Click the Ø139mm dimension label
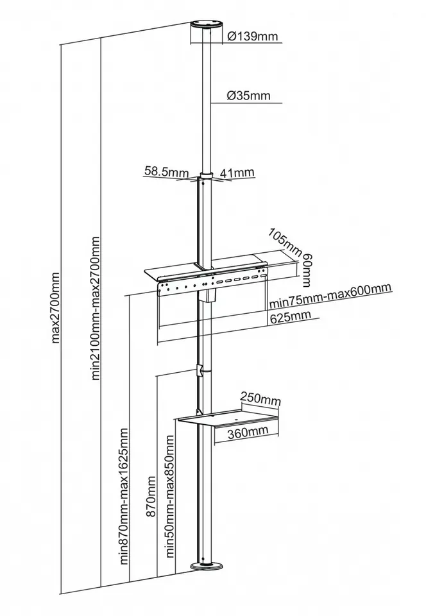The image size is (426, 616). [253, 36]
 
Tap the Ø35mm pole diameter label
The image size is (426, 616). [249, 96]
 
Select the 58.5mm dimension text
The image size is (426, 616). [166, 171]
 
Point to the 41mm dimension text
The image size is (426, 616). [236, 172]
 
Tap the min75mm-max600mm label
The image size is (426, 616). [330, 295]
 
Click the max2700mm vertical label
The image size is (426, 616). [56, 307]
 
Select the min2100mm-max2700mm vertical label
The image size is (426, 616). [96, 307]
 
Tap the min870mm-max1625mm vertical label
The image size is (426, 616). [124, 496]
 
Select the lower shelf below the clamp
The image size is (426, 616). [228, 417]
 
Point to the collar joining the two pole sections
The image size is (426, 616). [206, 176]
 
